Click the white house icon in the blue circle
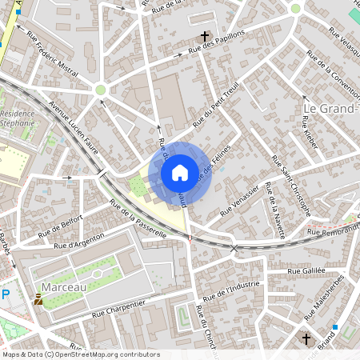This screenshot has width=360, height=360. tap(179, 172)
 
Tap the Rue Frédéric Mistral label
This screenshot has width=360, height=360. tap(53, 55)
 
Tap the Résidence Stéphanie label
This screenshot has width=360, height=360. tap(18, 118)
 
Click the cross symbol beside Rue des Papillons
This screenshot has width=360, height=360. tap(205, 36)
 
